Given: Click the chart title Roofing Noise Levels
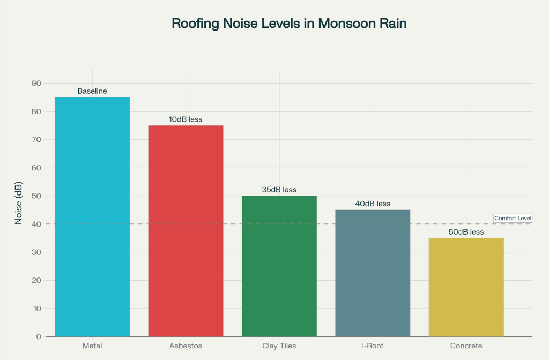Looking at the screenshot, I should (289, 24).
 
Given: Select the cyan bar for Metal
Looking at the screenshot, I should (92, 217).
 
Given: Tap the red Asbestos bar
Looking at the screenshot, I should (186, 231).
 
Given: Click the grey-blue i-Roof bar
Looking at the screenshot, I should (373, 273).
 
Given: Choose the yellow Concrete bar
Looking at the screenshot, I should (466, 287).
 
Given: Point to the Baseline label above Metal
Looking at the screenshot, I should (92, 91).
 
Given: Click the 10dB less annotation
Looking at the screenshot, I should (186, 119).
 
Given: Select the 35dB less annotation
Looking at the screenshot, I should (279, 190).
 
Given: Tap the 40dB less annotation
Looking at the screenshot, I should (373, 204).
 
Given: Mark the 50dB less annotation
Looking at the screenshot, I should (466, 232).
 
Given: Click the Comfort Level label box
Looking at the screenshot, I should (513, 218).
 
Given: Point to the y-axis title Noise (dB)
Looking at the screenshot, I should (19, 203).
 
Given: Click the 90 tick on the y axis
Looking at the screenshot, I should (36, 83).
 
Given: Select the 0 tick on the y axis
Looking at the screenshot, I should (39, 336).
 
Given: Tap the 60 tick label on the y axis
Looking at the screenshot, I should (36, 168).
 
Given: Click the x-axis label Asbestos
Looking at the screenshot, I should (186, 346).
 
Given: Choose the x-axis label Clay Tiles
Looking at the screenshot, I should (279, 346).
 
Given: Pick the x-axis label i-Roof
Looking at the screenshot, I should (373, 346).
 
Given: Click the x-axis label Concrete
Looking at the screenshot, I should (466, 346).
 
